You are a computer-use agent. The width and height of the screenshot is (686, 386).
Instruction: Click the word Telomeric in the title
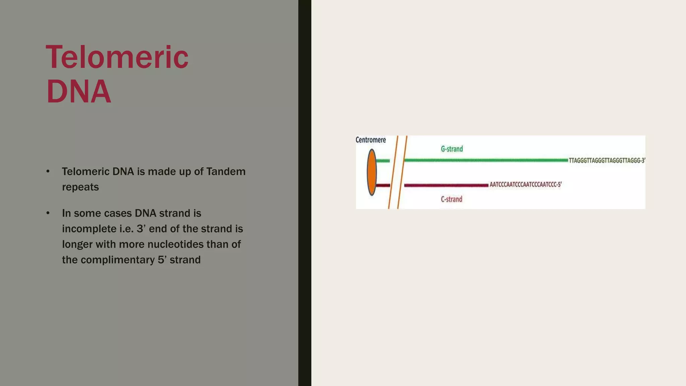117,57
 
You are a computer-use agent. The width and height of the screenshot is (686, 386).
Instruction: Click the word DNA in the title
78,91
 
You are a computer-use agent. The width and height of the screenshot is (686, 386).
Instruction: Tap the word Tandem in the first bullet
226,172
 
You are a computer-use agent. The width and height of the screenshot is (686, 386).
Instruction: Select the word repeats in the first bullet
80,187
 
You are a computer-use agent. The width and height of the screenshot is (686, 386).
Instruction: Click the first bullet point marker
48,172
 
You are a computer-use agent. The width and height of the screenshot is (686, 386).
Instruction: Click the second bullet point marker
48,213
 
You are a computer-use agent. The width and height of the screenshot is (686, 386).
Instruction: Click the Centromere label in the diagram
370,140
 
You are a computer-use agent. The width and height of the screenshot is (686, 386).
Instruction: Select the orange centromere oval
371,172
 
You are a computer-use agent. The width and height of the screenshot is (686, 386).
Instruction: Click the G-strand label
452,149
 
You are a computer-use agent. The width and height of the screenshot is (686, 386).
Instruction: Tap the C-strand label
451,199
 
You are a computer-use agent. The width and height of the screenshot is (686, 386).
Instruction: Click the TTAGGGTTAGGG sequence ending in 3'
607,161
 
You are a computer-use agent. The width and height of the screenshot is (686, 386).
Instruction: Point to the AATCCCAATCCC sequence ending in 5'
525,185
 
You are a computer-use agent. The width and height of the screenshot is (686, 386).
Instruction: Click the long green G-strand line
486,160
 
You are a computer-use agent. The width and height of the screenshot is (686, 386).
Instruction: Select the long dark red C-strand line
446,185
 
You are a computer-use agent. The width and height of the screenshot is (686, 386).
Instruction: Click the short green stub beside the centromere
383,161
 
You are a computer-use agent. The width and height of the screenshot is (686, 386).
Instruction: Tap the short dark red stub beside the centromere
383,185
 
